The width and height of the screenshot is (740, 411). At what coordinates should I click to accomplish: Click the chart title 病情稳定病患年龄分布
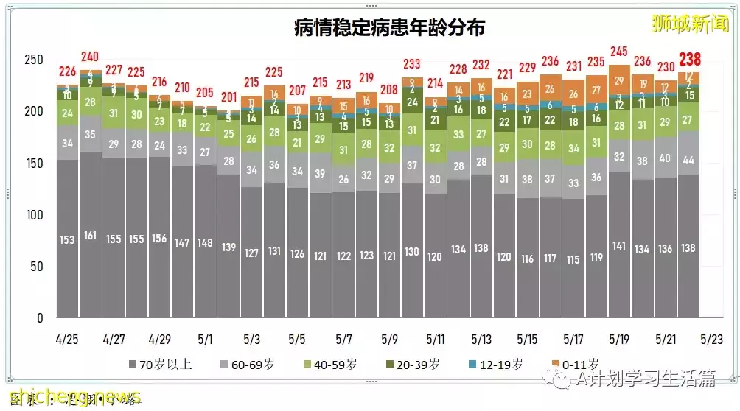[389, 27]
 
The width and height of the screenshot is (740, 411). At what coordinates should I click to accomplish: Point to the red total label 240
[91, 57]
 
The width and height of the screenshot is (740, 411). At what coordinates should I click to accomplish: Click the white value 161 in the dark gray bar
[91, 236]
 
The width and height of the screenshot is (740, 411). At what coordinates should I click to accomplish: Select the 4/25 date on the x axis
[67, 340]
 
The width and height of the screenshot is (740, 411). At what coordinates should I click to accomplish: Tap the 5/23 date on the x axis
[711, 340]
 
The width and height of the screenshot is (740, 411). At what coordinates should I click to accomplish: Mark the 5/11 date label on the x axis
[435, 340]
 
